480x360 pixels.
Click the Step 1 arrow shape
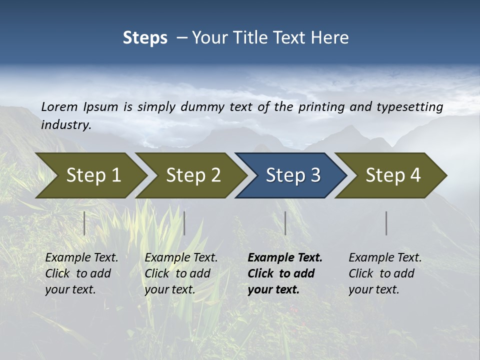point(92,175)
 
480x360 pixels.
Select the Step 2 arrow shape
point(192,175)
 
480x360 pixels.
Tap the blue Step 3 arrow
point(292,175)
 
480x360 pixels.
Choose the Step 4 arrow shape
point(392,175)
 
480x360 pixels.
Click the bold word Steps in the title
point(145,38)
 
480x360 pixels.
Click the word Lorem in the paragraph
point(59,106)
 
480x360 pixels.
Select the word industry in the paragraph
point(65,124)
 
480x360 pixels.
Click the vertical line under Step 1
point(84,223)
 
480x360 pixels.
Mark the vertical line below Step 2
point(184,223)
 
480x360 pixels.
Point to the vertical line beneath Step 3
point(285,223)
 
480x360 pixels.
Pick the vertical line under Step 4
point(386,223)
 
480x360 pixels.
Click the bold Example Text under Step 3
point(285,258)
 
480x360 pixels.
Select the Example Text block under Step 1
point(81,273)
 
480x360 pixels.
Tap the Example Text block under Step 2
point(181,273)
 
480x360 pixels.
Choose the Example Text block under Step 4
point(385,273)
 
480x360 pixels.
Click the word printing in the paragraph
point(321,106)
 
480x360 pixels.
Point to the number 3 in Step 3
point(315,175)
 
